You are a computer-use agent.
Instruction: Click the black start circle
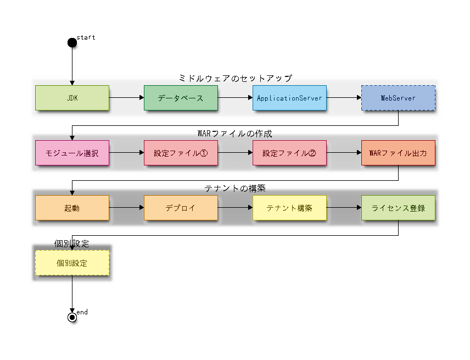click(x=72, y=42)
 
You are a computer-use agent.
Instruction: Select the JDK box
click(x=72, y=98)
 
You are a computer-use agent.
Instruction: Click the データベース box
click(x=181, y=98)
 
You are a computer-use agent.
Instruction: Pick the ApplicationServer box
click(x=289, y=98)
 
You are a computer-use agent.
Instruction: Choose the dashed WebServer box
click(x=398, y=98)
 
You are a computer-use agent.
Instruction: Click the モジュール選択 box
click(x=72, y=153)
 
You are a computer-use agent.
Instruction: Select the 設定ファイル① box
click(x=181, y=153)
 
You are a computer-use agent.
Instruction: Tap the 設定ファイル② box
click(x=289, y=153)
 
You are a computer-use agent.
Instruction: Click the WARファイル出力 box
click(x=398, y=153)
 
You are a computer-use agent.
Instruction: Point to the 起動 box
click(x=72, y=208)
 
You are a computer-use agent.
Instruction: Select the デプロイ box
click(x=181, y=208)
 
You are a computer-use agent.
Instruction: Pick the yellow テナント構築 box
click(x=289, y=208)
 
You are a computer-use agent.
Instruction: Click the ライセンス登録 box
click(x=398, y=208)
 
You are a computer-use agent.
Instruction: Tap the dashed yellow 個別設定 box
click(x=72, y=263)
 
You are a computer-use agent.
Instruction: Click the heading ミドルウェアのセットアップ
click(x=235, y=79)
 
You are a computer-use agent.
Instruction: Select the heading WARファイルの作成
click(x=235, y=134)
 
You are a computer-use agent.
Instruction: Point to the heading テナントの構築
click(x=235, y=189)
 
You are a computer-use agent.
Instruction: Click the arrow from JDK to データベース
click(x=126, y=98)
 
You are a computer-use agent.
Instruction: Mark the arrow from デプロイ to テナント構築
click(x=235, y=208)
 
